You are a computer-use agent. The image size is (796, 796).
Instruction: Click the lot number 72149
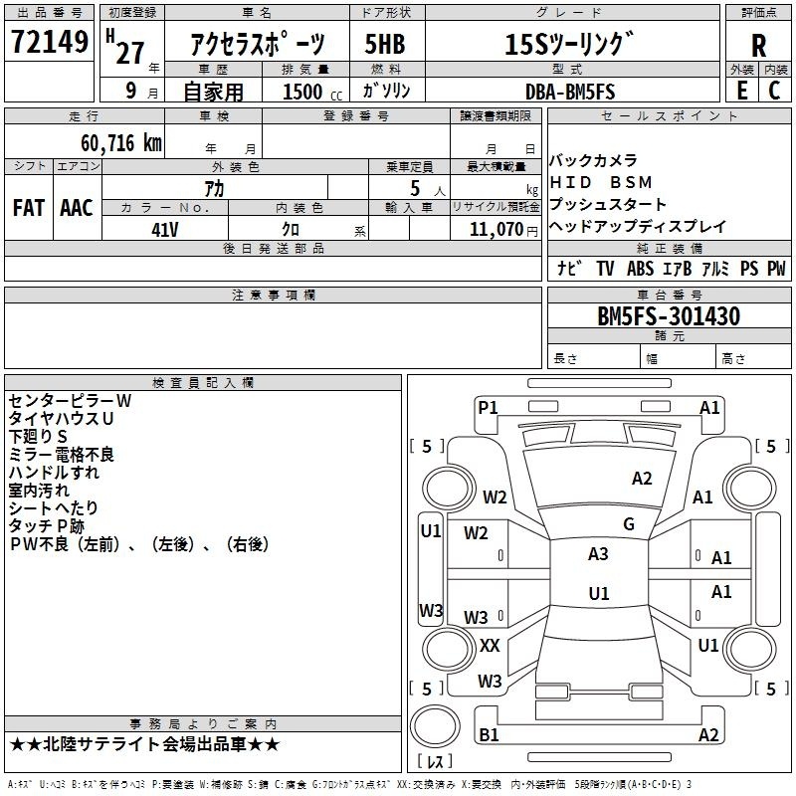[x=50, y=42]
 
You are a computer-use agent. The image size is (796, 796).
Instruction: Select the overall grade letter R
[x=758, y=46]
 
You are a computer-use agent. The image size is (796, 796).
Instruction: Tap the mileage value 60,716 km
[x=121, y=143]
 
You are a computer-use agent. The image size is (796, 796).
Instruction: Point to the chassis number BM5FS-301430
[x=669, y=316]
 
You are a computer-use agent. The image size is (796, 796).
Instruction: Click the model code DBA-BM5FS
[x=570, y=92]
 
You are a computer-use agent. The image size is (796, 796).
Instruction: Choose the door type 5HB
[x=385, y=44]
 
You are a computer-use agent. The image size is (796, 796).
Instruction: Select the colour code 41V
[x=165, y=230]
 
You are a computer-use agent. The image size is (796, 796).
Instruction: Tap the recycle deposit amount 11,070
[x=497, y=230]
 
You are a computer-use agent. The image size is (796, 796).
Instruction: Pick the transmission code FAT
[x=29, y=208]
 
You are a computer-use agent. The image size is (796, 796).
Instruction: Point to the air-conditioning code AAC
[x=77, y=208]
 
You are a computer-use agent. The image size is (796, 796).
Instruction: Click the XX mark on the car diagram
[x=490, y=645]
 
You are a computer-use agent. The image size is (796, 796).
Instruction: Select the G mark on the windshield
[x=629, y=524]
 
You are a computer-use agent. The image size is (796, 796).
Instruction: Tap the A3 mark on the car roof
[x=598, y=554]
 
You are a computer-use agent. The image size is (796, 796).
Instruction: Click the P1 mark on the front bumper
[x=488, y=407]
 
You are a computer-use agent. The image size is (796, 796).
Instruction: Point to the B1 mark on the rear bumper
[x=489, y=734]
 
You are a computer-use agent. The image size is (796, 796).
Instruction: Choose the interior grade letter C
[x=774, y=91]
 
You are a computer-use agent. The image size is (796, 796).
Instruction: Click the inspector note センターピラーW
[x=70, y=401]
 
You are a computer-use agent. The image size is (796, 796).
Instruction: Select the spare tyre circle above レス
[x=435, y=726]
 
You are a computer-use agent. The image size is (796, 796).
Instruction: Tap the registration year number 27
[x=130, y=53]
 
